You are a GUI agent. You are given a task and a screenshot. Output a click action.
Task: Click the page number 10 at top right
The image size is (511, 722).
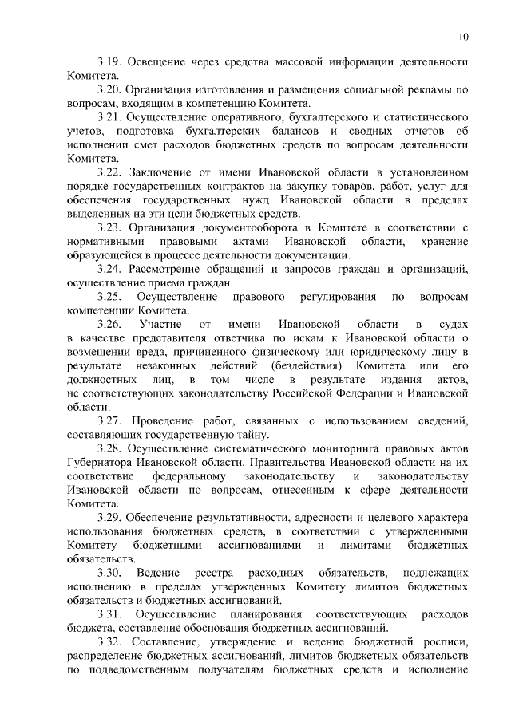pyautogui.click(x=463, y=35)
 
